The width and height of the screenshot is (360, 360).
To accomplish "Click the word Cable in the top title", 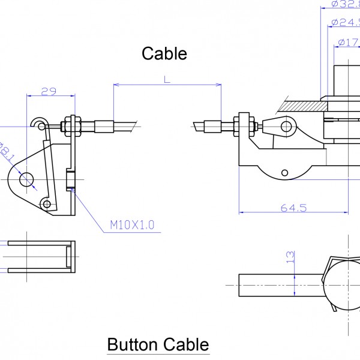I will point(164,53).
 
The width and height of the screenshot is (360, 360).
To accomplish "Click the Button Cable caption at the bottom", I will point(158,345).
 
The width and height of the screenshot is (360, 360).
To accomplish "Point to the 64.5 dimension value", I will point(293,208).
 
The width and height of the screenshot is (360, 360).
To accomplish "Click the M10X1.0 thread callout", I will point(132,225).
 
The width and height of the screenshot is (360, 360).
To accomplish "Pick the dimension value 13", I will point(291,257).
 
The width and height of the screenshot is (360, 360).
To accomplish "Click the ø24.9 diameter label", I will point(346,23).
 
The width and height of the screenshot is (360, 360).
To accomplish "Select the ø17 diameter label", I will point(349,42).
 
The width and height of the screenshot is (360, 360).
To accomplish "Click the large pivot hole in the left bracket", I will point(26,179).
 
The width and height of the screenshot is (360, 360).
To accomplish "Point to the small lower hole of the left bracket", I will point(47,205).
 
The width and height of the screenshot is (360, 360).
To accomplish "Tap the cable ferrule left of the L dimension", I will point(103,126).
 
